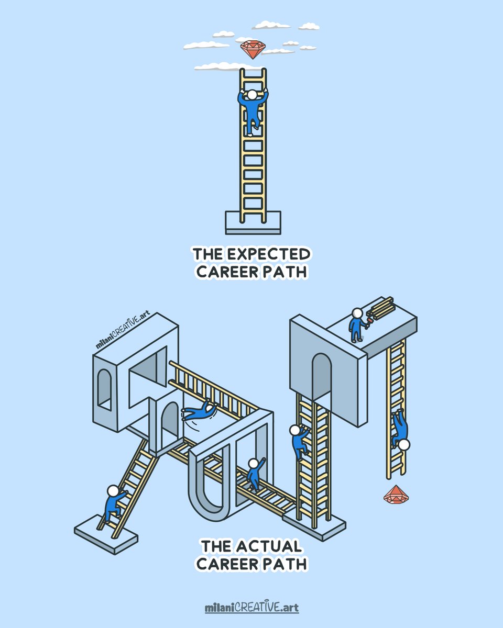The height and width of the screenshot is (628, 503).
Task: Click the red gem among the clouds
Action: pos(253,49)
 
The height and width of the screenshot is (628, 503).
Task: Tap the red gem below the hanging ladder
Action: pos(396,494)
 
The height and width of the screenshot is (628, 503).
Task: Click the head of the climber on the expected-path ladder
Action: pos(252,95)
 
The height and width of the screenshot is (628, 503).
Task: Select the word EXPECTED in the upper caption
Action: pos(269,254)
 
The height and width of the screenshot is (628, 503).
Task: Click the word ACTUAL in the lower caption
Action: pos(269,546)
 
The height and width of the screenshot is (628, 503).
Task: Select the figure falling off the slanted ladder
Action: pos(199,411)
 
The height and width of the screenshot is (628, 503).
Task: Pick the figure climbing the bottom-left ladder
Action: pos(115,502)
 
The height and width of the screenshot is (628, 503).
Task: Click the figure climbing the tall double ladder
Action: pos(299,442)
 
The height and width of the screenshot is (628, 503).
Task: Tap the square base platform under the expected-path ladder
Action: pos(253,223)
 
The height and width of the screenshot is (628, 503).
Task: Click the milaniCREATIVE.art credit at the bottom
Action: pos(251,606)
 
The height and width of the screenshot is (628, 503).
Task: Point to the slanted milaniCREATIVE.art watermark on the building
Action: pos(123,329)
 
